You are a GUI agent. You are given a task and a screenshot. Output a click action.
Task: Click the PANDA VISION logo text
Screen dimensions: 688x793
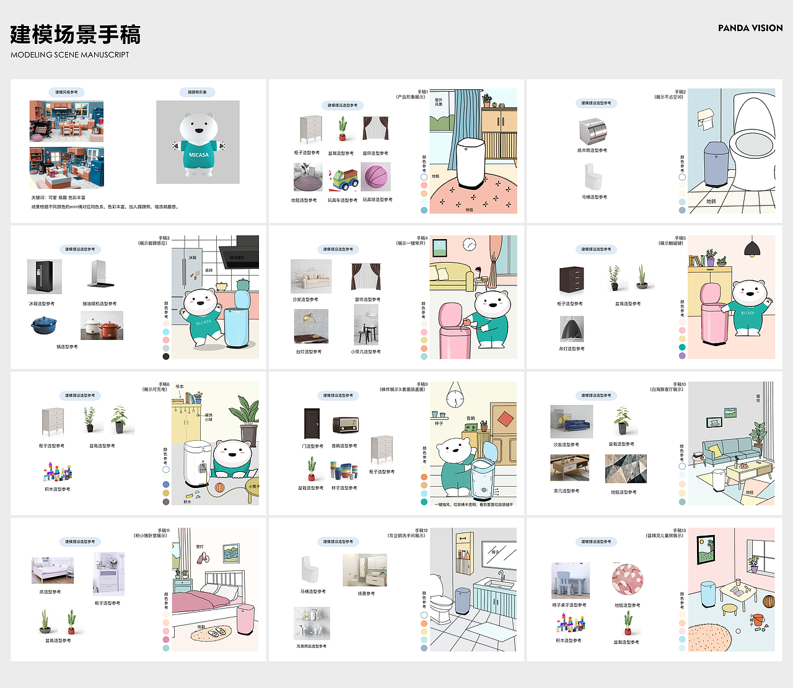750,28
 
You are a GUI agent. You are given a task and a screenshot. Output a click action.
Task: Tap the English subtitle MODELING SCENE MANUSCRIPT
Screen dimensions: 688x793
70,54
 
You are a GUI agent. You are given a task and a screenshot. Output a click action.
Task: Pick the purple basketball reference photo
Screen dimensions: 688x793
376,176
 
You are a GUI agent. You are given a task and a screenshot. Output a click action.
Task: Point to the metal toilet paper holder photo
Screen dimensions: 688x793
593,131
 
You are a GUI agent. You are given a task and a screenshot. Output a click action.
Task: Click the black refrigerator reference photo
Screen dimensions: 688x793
44,277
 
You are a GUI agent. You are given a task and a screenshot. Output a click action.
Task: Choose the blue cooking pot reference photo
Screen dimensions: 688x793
44,325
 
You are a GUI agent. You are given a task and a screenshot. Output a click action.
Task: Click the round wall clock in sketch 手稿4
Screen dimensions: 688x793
470,244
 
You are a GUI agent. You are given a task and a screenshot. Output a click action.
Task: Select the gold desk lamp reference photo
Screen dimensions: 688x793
311,326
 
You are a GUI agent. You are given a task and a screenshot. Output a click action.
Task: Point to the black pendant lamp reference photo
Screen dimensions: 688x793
571,329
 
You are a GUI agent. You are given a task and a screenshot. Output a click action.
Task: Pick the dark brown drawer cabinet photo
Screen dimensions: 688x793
571,280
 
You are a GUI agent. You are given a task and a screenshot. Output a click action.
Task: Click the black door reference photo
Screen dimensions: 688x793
312,424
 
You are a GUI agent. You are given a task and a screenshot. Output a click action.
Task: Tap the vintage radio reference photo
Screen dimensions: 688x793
345,425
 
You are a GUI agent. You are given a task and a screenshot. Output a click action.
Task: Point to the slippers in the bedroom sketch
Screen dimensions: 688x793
216,633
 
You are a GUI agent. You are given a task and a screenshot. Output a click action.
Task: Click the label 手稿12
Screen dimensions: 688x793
421,531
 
